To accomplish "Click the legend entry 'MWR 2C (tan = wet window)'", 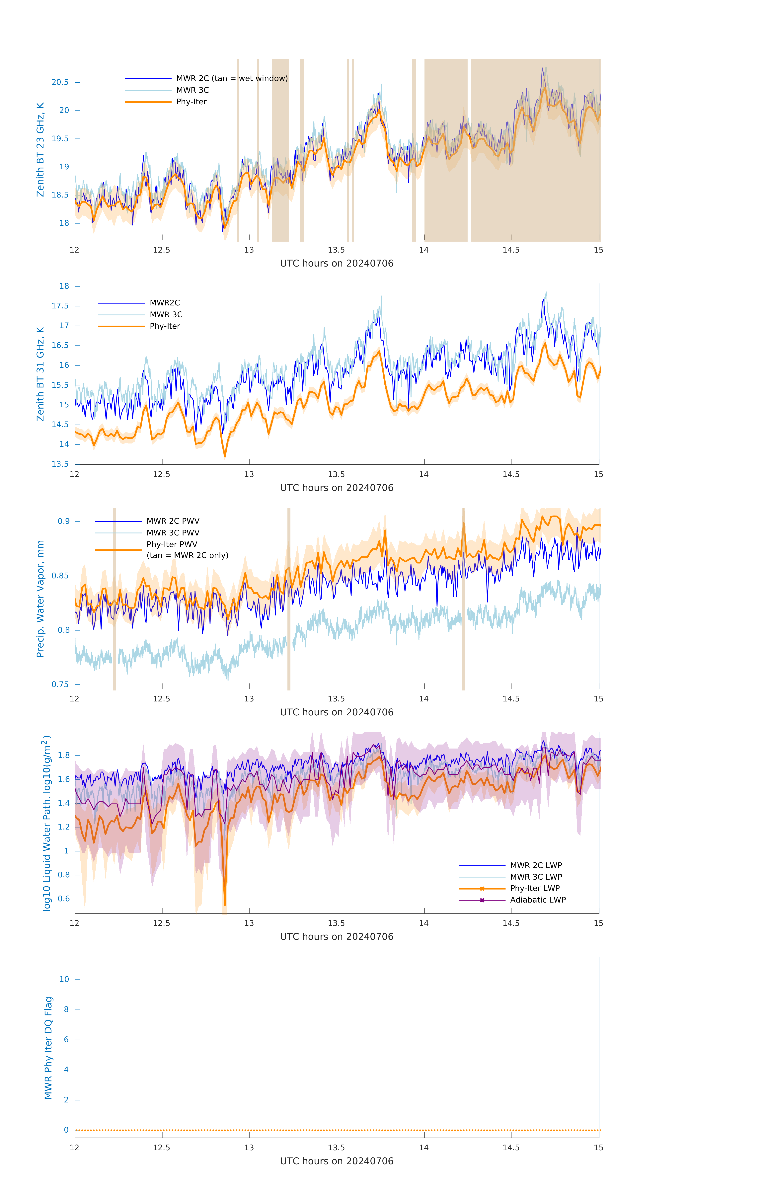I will coord(232,79).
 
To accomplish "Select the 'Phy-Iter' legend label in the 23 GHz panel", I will coord(191,102).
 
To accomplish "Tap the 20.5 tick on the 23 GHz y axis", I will coord(60,83).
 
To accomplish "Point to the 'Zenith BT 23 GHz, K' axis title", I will coord(40,150).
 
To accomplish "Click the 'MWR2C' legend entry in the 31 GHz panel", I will coord(165,303).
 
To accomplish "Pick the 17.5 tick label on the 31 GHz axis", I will coord(60,306).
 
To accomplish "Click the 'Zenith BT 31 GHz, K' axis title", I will coord(40,374).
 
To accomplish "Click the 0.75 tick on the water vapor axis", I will coord(60,684).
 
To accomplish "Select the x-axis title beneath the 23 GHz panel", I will coord(337,264).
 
